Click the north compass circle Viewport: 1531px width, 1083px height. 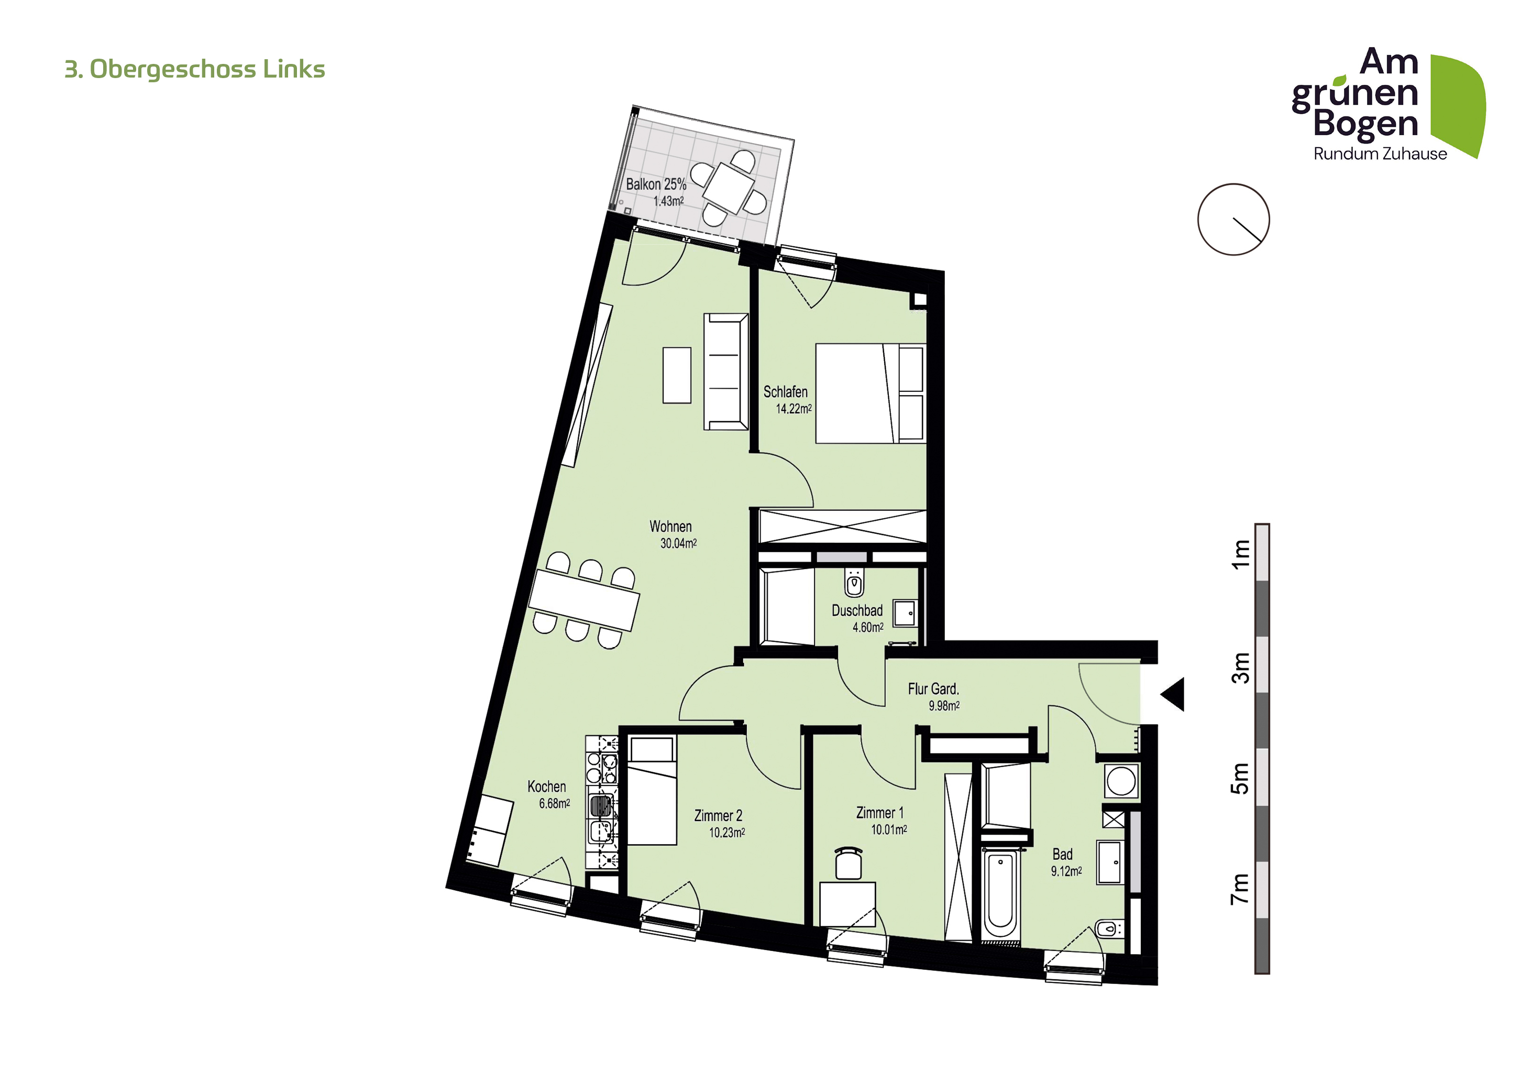(1233, 220)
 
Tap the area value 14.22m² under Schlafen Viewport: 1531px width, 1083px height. (794, 409)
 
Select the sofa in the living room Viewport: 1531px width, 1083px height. (725, 371)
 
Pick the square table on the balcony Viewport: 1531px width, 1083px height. (728, 188)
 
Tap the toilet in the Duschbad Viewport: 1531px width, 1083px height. (854, 582)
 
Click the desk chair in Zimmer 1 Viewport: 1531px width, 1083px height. (848, 863)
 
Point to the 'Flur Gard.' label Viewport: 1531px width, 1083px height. (933, 689)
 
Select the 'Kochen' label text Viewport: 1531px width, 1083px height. (546, 787)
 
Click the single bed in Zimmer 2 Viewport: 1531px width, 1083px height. (652, 790)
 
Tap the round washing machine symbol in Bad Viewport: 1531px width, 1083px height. (1121, 781)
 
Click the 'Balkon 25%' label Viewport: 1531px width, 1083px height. (656, 184)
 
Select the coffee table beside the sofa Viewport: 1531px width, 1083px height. (677, 375)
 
